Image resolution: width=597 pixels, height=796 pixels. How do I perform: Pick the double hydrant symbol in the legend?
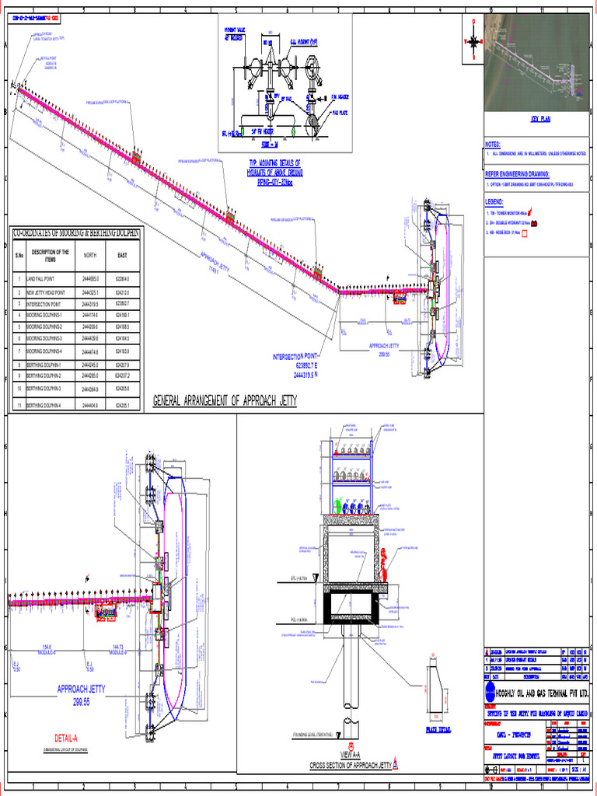(x=535, y=222)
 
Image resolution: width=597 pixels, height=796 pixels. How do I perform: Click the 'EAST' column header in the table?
(x=122, y=254)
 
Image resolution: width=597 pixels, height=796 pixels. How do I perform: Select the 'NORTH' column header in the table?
(x=90, y=254)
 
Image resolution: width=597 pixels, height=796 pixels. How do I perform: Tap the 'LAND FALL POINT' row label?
(x=40, y=278)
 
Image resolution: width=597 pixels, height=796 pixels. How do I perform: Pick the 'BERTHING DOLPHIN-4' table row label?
(x=49, y=405)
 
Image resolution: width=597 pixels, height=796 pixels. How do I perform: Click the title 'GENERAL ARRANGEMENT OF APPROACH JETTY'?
(x=225, y=401)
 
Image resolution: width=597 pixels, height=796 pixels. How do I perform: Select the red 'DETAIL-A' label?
(x=71, y=738)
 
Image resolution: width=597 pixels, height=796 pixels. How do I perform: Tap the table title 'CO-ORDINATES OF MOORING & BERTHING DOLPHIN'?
(x=75, y=232)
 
